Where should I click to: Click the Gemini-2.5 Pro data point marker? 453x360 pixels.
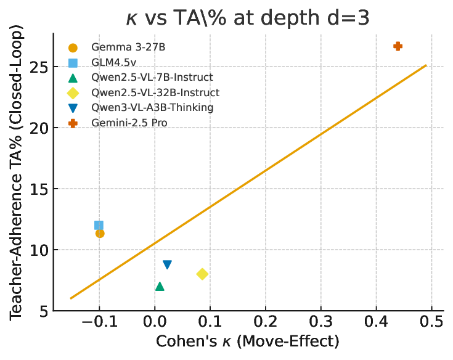[398, 46]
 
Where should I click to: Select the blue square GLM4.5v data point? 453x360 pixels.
[99, 225]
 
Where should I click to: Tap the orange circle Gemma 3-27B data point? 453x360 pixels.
[100, 233]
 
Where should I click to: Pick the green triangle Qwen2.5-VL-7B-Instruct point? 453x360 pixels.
[160, 286]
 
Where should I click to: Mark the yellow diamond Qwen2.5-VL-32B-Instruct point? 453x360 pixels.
[202, 274]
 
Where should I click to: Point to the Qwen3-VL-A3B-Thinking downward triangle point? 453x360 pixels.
[167, 264]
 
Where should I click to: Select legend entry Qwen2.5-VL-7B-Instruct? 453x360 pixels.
[152, 77]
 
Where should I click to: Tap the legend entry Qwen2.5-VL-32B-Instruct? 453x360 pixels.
[155, 92]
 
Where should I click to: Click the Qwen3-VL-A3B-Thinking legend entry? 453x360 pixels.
[152, 107]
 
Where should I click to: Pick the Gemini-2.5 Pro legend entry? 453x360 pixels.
[129, 123]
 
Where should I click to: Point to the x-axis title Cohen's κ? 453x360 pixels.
[247, 341]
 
